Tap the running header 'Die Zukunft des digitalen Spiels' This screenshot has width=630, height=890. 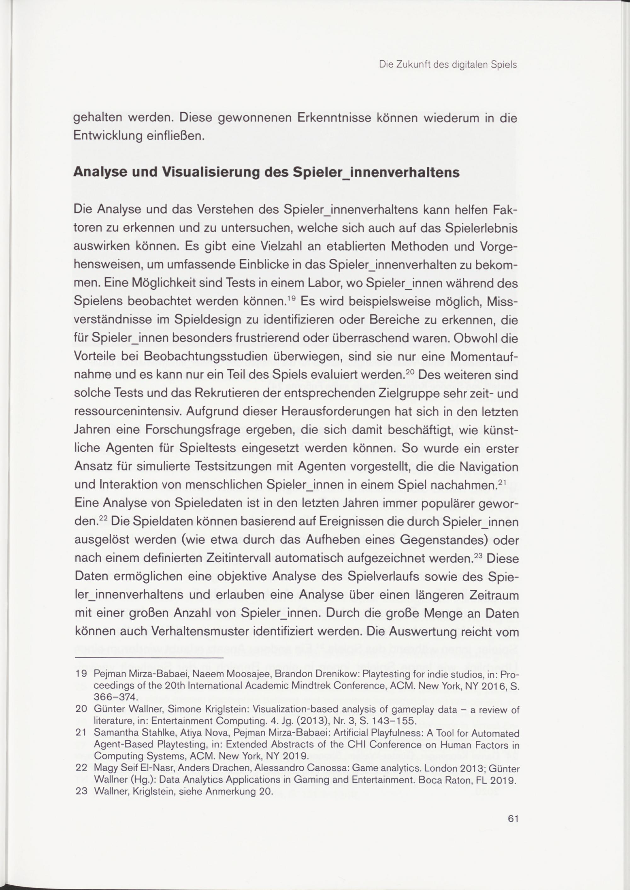[x=448, y=65]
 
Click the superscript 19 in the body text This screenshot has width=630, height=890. [x=292, y=298]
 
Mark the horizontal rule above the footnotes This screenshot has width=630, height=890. [x=149, y=658]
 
